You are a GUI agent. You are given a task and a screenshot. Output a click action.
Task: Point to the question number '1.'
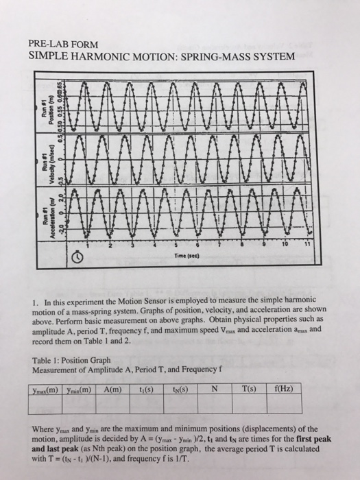tap(35, 301)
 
